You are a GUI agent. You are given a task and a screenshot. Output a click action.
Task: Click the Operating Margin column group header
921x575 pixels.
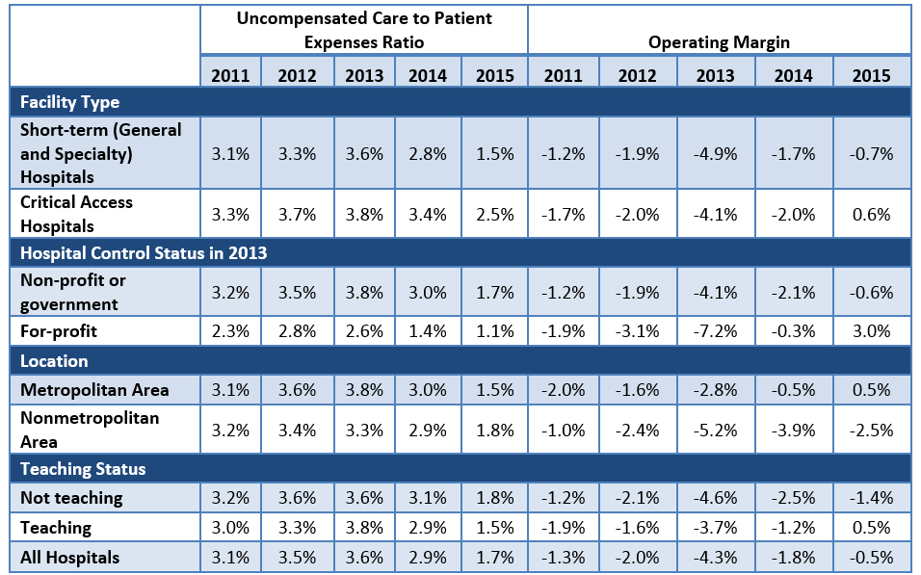[x=719, y=42]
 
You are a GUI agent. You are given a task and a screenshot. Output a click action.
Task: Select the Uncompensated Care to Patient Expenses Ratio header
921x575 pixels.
[x=363, y=31]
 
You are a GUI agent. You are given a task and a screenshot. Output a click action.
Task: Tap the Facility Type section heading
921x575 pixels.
[x=69, y=101]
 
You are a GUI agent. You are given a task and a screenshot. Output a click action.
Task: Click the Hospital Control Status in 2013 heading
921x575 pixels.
[x=144, y=253]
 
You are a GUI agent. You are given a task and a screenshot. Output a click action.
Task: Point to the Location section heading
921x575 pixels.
[x=54, y=361]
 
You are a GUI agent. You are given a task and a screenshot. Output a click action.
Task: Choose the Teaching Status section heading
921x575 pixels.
[x=83, y=469]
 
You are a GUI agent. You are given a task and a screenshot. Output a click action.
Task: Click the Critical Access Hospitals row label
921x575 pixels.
[x=77, y=214]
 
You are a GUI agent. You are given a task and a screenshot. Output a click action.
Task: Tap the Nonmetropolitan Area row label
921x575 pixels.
[x=90, y=430]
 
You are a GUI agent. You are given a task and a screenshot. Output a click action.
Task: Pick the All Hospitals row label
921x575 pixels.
[x=70, y=557]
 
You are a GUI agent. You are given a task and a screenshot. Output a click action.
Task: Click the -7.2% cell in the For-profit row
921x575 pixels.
[x=716, y=330]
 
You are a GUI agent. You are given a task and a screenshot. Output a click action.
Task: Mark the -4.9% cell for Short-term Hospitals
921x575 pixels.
[x=716, y=153]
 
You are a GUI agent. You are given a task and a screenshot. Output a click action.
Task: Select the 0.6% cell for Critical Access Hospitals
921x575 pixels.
[x=872, y=214]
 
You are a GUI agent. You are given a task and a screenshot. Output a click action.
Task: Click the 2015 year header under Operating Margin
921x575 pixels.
[x=872, y=75]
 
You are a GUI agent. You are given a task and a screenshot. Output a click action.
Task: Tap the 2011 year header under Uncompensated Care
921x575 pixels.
[x=231, y=75]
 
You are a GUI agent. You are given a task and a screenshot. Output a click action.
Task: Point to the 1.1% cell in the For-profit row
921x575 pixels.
[x=494, y=330]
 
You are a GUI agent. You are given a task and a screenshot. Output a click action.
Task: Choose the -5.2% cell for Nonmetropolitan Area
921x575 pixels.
[x=716, y=430]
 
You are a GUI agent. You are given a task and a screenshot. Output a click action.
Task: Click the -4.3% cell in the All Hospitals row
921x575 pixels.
[x=716, y=557]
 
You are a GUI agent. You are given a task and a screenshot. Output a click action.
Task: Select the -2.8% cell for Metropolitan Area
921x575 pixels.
[x=716, y=389]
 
